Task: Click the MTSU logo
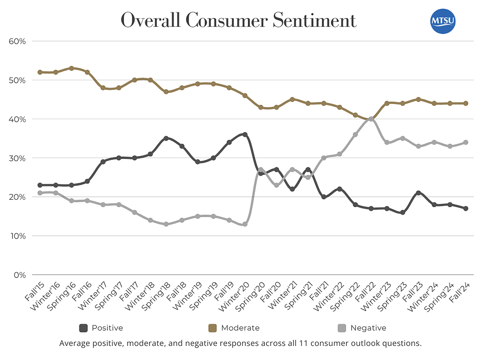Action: (x=443, y=21)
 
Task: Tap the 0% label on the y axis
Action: (x=19, y=275)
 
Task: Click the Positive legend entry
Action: (x=101, y=328)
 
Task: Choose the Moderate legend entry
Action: (x=234, y=328)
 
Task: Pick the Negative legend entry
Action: (x=362, y=328)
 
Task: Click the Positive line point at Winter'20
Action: (x=245, y=134)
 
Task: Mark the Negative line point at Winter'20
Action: (x=245, y=224)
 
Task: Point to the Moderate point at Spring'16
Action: (x=72, y=68)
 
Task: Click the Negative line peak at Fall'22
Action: (x=371, y=119)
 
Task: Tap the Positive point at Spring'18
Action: (x=166, y=138)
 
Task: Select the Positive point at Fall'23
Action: (x=418, y=193)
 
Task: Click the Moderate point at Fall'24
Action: (x=466, y=103)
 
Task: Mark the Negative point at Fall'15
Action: (x=40, y=193)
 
